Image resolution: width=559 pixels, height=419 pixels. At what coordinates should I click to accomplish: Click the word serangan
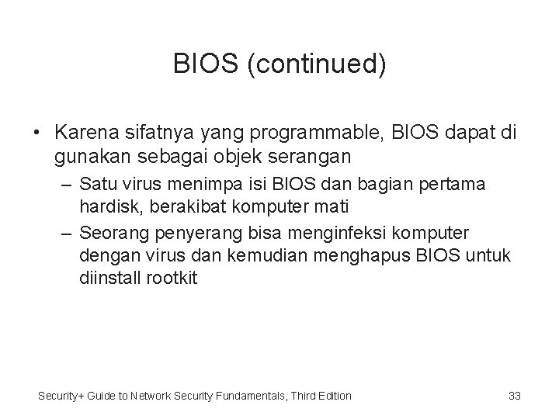[x=315, y=156]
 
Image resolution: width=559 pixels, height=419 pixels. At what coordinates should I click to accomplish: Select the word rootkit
[x=172, y=278]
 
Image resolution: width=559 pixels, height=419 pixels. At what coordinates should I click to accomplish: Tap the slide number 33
[x=514, y=396]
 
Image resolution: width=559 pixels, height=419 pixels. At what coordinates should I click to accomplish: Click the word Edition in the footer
[x=332, y=396]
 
